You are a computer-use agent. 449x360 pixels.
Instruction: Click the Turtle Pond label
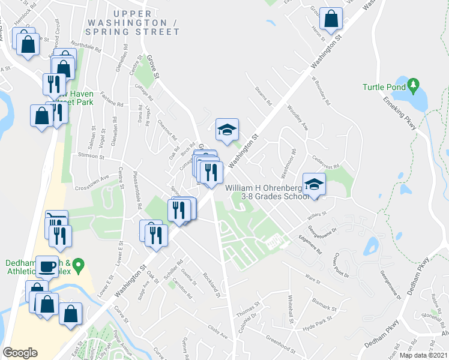coord(384,87)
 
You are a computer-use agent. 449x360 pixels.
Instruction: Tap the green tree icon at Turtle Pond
coord(413,86)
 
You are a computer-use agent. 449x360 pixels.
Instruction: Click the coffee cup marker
coord(47,266)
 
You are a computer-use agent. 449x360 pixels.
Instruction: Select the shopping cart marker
coord(57,220)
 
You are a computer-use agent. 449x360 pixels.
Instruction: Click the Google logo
coord(20,353)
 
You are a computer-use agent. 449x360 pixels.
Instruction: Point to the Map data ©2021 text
coord(423,355)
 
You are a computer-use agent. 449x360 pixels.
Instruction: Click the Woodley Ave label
coord(297,119)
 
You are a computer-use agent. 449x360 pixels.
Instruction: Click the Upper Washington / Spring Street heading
coord(133,22)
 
